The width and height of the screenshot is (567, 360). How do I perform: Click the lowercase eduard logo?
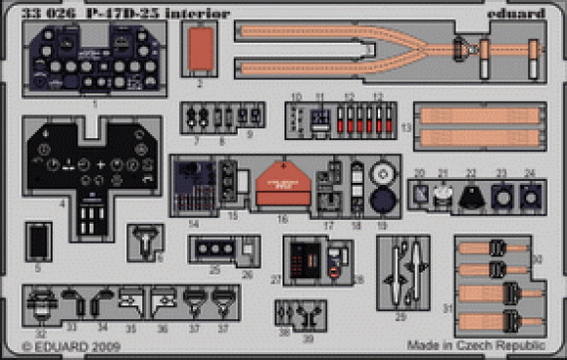tap(523, 13)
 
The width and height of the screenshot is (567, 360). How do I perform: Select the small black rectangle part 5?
tap(38, 240)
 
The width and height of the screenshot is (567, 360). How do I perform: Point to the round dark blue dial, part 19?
tap(381, 203)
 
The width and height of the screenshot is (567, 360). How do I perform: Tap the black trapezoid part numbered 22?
tap(471, 196)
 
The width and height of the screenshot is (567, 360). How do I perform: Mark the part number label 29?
tap(401, 316)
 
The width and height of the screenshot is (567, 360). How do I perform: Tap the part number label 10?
tap(295, 96)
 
